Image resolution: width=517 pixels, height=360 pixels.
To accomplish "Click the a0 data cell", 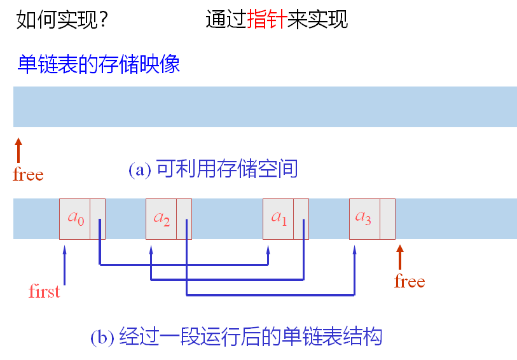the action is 74,219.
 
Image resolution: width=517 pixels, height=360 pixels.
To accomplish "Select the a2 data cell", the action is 161,219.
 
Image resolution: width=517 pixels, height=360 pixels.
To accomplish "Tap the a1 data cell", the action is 279,219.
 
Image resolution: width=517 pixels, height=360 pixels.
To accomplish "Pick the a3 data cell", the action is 364,219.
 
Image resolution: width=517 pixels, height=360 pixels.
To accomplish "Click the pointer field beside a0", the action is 97,219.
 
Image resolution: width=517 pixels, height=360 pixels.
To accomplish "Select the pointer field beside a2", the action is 184,219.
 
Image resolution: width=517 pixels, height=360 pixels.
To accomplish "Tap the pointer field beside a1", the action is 301,219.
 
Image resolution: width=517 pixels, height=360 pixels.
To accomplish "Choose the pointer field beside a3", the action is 387,219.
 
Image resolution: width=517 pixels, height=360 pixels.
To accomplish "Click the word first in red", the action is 45,291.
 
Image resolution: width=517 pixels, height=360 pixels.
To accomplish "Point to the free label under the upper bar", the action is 28,174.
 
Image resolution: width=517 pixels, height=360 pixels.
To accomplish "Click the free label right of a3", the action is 410,280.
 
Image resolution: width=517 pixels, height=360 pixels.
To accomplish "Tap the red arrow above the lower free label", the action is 400,257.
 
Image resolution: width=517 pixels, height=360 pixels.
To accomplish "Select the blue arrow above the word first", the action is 65,264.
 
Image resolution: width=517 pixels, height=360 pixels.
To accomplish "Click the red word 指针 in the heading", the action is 267,19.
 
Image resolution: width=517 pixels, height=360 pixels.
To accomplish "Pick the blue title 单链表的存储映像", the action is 99,64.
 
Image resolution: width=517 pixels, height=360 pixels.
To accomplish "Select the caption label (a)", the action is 139,169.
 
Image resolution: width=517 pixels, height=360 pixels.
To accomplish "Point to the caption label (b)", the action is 102,336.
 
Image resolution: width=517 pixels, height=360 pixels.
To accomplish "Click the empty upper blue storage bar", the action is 265,107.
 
